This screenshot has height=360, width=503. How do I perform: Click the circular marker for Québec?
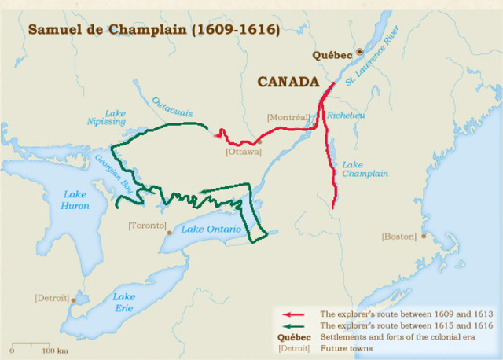[x=360, y=52]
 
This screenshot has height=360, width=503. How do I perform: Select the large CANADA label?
[x=288, y=82]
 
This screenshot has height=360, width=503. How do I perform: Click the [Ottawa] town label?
[x=243, y=151]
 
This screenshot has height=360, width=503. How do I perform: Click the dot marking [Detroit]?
[x=74, y=299]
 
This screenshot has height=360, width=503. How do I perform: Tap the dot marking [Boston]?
[x=424, y=236]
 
